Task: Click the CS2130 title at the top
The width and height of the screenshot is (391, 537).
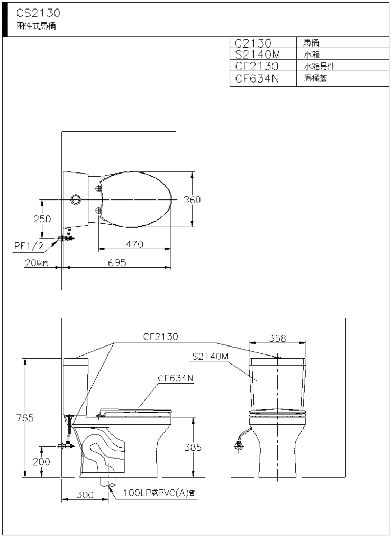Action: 38,13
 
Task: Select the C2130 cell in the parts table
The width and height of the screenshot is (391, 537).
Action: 253,43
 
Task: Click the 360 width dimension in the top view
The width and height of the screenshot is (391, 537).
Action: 192,199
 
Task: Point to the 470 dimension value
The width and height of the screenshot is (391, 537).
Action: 134,244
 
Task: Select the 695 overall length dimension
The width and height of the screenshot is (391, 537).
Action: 117,262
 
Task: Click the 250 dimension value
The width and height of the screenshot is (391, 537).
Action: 42,219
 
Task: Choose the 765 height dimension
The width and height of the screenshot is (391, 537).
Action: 25,418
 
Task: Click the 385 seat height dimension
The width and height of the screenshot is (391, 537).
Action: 193,447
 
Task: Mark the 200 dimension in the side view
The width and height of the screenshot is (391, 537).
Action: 41,462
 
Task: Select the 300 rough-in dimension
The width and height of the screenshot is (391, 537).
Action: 85,495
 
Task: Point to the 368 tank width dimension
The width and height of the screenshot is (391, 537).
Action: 277,338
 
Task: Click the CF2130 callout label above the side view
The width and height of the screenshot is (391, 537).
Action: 160,336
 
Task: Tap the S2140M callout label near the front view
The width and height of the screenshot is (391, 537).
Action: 210,357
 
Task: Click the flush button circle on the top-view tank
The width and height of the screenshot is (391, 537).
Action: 76,199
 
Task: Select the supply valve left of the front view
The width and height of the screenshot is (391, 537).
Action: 239,445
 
